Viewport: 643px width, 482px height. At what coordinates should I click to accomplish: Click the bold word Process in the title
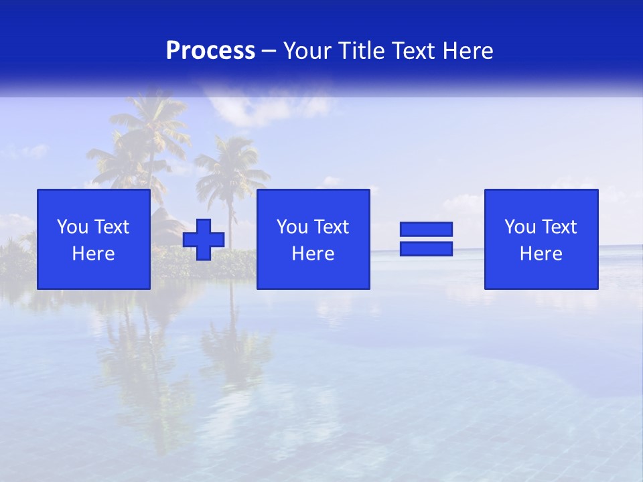(x=210, y=51)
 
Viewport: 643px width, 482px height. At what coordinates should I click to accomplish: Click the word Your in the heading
(x=305, y=51)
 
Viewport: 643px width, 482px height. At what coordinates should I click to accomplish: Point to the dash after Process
(x=269, y=51)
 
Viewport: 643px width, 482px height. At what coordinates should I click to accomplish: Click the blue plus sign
(x=204, y=240)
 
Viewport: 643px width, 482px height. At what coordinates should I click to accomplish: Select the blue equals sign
(x=426, y=239)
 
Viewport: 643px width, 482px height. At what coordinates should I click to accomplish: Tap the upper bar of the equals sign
(x=426, y=229)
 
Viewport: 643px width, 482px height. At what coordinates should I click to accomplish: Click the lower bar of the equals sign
(x=426, y=249)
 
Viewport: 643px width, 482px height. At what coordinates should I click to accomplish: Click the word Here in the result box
(x=541, y=254)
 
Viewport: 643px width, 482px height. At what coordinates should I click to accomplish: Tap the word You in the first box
(x=73, y=227)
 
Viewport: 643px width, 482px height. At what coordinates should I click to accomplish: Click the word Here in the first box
(x=94, y=254)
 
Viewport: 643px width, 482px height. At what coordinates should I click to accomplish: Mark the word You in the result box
(x=520, y=227)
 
